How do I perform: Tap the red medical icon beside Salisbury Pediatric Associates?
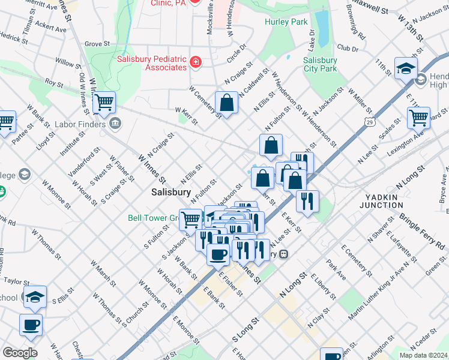coord(195,62)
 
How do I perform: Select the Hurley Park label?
coord(286,22)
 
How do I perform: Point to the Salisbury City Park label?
coord(320,64)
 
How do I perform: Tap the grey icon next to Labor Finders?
coord(115,125)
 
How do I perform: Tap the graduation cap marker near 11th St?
coord(406,68)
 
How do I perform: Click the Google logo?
coord(19,352)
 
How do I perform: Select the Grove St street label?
coord(97,44)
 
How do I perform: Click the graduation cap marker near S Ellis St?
coord(35,296)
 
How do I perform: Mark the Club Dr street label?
coord(348,48)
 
